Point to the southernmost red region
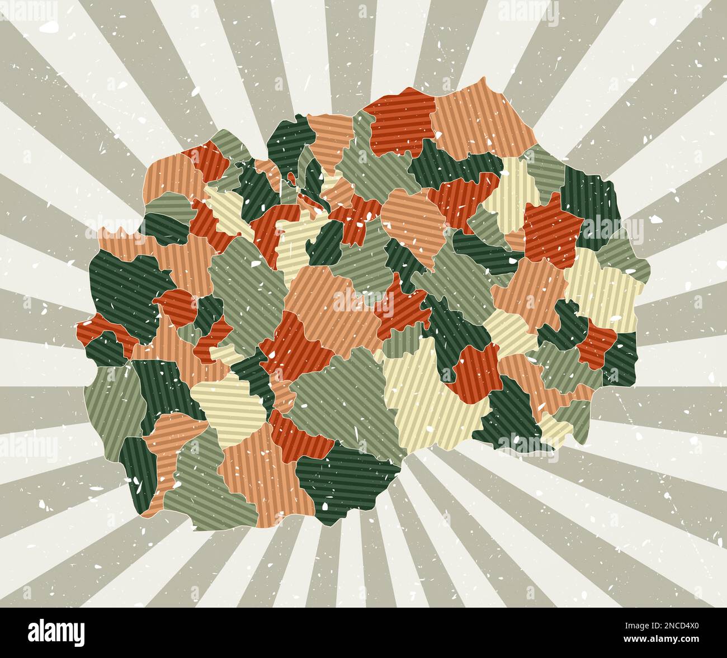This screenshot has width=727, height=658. pos(296,433)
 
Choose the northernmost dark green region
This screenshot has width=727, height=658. pos(288,140)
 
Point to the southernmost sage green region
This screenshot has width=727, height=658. pos(196,492)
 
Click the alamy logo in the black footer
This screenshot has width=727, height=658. pos(56,632)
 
